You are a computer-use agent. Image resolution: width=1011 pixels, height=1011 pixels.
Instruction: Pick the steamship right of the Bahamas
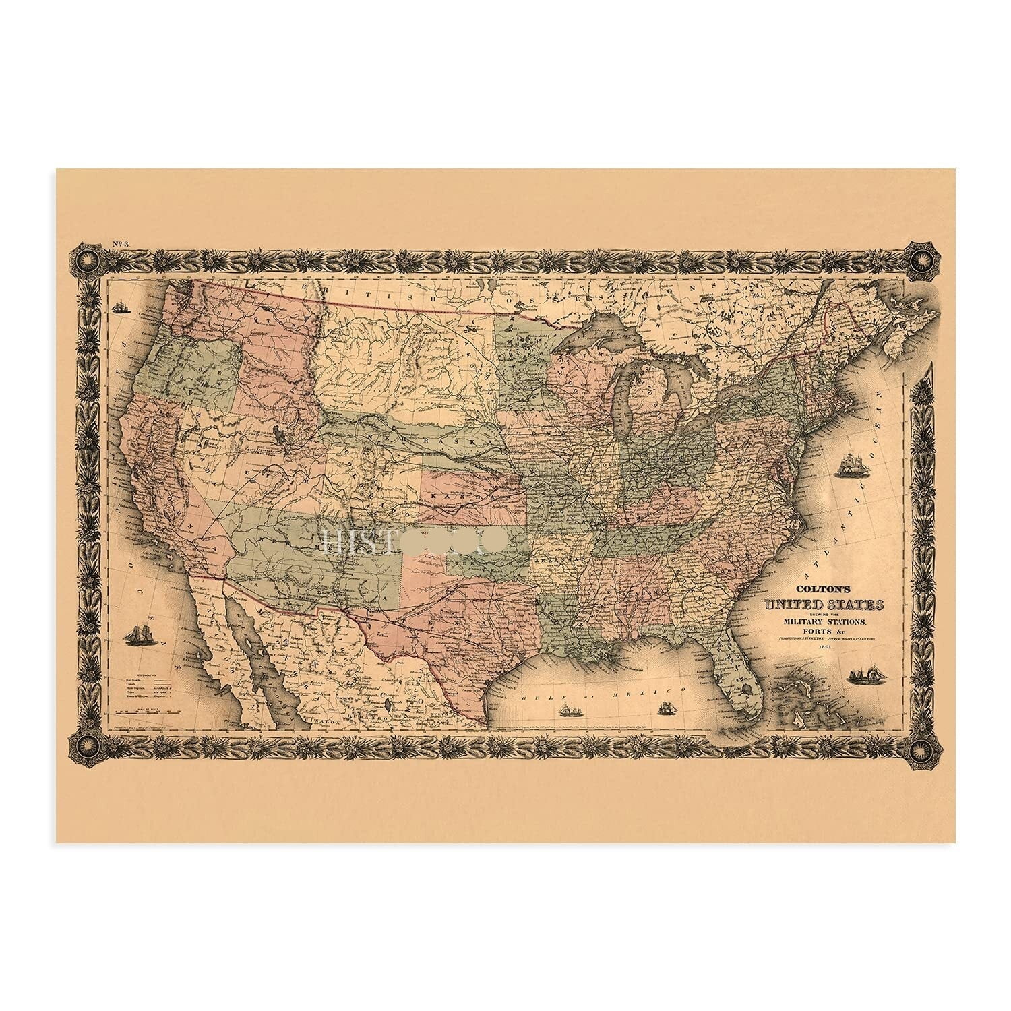865,676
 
